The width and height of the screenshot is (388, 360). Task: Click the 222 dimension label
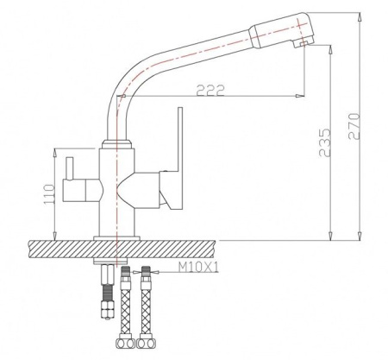coord(210,91)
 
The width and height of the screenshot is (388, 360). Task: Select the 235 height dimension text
coord(325,142)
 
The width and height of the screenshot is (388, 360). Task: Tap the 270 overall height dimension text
coord(354,127)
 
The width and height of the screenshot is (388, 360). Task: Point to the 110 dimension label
coord(49,195)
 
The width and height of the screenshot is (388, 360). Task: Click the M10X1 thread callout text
coord(198,268)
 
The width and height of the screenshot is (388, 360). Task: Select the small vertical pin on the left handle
coord(69,168)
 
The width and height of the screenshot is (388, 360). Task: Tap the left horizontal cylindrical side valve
coord(83,190)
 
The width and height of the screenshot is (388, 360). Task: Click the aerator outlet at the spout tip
coord(302,44)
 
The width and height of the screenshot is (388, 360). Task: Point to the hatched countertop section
coord(122,249)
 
